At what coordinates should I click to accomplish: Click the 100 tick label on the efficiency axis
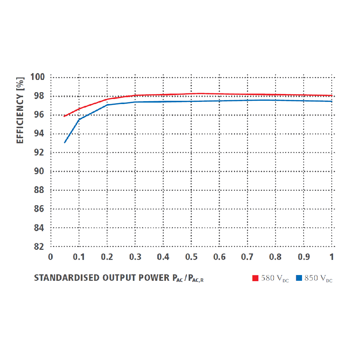click(x=37, y=77)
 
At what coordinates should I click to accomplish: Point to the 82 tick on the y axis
click(x=40, y=247)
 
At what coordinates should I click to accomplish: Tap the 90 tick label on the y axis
click(x=40, y=171)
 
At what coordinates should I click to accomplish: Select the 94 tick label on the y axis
click(x=40, y=134)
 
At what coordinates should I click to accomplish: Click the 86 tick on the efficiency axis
click(x=40, y=209)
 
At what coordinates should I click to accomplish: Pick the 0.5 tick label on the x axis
click(x=191, y=257)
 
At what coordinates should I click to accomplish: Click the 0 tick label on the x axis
click(x=51, y=257)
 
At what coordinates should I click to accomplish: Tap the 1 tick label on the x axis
click(x=332, y=257)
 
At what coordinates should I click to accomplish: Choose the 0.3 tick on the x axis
click(x=135, y=257)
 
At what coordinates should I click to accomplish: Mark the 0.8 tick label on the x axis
click(x=275, y=257)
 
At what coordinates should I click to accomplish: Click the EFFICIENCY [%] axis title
click(x=21, y=110)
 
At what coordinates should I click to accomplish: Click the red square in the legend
click(x=256, y=278)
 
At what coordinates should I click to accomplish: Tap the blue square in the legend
click(x=299, y=278)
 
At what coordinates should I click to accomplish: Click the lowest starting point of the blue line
click(x=65, y=143)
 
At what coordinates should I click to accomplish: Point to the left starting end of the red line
click(x=64, y=116)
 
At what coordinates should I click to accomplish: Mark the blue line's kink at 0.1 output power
click(x=79, y=120)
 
